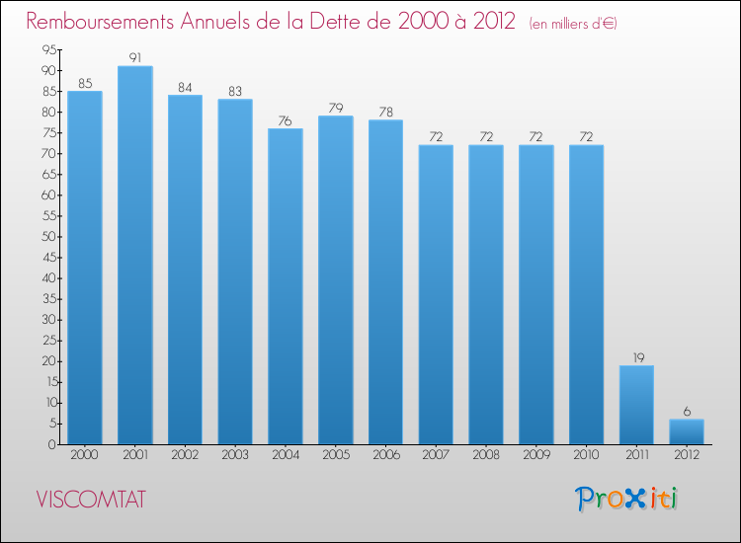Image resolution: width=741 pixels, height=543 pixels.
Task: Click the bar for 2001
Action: coord(135,255)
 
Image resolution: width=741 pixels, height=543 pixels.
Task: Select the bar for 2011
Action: coord(636,405)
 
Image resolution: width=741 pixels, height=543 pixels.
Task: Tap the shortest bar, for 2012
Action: coord(687,431)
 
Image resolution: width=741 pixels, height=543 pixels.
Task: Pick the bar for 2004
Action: coord(286,286)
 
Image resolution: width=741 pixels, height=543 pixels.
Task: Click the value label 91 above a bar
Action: coord(135,57)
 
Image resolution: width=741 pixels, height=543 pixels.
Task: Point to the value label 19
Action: coord(638,357)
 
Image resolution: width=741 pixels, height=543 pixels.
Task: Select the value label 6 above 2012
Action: coord(687,412)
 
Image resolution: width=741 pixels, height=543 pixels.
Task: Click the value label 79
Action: coord(336,109)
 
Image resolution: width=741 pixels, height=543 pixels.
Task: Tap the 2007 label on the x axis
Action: coord(436,454)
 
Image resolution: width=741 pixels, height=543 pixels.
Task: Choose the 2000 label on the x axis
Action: coord(84,454)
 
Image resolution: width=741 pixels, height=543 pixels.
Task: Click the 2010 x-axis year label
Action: coord(586,454)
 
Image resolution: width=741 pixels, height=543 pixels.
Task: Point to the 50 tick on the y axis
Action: coord(48,237)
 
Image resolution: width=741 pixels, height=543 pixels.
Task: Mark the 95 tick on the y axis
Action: coord(49,49)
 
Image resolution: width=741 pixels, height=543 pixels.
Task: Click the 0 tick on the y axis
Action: coord(52,444)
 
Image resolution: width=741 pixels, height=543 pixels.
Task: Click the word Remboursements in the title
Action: coord(100,22)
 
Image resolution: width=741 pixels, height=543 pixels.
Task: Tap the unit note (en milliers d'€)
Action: coord(573,24)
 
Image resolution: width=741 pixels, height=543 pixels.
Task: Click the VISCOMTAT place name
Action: coord(91,500)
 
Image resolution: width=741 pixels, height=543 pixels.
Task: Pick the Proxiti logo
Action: coord(626,500)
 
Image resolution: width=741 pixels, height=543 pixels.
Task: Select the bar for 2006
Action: coord(385,282)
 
